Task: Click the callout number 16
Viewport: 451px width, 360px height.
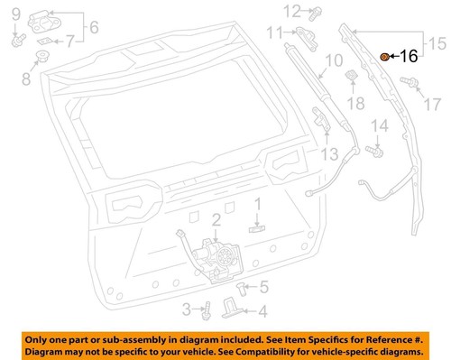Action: [x=409, y=56]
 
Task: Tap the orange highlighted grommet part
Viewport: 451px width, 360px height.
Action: [x=385, y=56]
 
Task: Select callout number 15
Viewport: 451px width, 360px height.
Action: [x=436, y=42]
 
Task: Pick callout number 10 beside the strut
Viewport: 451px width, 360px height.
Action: [x=333, y=61]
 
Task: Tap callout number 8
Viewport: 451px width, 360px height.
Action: [x=25, y=78]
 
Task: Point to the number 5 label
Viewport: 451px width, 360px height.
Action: [x=263, y=289]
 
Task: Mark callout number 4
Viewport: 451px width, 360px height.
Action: [x=262, y=312]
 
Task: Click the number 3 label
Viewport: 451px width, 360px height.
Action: [x=186, y=309]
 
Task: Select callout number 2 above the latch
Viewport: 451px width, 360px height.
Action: [x=216, y=220]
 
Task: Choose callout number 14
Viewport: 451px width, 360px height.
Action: [x=380, y=125]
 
